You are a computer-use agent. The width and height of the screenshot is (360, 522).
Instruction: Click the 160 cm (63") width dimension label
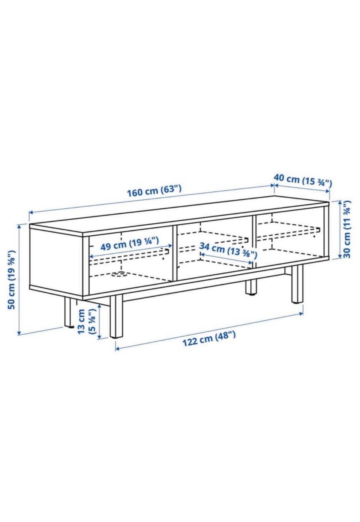pos(154,191)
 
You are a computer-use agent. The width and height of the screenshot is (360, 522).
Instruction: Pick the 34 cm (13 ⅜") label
pos(228,251)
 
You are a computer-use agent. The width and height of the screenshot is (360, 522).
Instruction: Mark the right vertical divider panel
pos(254,242)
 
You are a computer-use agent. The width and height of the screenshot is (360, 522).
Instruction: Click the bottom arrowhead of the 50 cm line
pos(19,333)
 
